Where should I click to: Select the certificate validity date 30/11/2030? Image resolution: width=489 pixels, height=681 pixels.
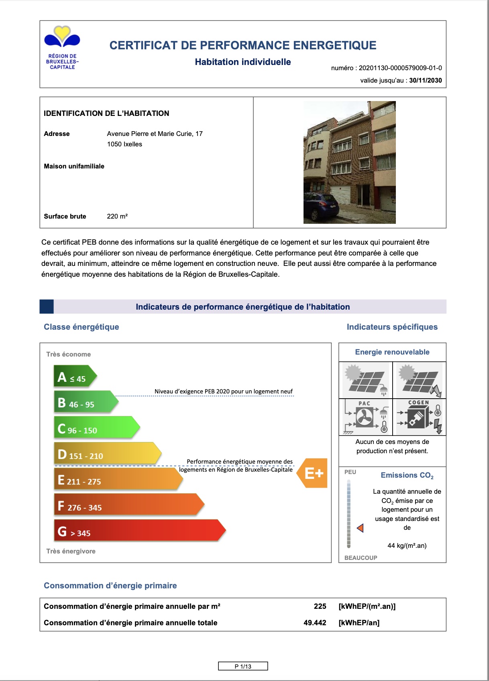click(425, 81)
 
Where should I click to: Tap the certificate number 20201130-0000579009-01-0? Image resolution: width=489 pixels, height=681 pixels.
click(400, 68)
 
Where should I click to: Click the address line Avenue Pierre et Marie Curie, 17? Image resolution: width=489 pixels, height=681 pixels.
click(155, 134)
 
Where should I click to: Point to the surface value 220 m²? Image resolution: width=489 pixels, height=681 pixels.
click(117, 217)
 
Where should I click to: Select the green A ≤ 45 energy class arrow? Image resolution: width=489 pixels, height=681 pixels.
click(75, 377)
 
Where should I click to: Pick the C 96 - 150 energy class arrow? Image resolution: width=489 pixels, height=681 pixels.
click(96, 428)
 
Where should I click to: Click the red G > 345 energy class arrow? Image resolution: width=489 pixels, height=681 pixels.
click(139, 531)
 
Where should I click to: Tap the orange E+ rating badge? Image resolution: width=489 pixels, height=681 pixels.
click(313, 473)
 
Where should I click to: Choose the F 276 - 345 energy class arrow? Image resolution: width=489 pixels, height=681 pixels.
click(128, 505)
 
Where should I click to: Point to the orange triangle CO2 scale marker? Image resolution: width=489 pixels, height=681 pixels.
click(360, 528)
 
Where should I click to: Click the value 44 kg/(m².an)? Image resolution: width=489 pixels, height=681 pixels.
click(407, 546)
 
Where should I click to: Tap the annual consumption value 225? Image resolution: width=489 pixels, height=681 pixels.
click(320, 606)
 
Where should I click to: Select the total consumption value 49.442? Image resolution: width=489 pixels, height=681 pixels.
click(315, 623)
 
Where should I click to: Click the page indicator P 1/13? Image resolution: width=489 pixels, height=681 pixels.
click(243, 666)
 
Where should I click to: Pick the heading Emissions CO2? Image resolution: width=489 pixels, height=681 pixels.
click(407, 475)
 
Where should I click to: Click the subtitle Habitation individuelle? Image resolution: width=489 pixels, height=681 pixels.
click(243, 62)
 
